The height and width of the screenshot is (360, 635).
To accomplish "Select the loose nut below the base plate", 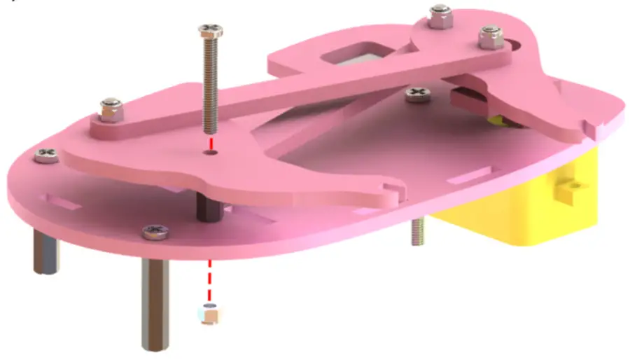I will [207, 315].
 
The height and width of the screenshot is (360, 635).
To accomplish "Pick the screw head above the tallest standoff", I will [154, 230].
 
